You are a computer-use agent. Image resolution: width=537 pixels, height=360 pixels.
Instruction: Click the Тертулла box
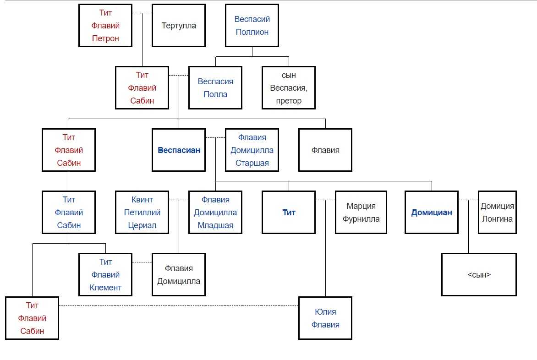[x=179, y=26]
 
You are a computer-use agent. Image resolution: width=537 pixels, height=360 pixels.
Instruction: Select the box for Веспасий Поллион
[x=252, y=26]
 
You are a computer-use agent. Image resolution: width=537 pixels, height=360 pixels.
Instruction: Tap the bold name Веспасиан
[x=179, y=150]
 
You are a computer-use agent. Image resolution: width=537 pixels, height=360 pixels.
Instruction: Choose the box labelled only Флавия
[x=325, y=150]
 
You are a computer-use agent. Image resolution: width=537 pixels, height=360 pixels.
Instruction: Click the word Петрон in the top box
[x=105, y=38]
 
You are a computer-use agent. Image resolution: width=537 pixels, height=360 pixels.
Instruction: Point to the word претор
[x=289, y=101]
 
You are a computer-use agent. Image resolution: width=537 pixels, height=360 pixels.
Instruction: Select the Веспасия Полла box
[x=215, y=88]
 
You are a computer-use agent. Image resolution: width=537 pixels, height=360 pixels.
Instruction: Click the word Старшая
[x=252, y=163]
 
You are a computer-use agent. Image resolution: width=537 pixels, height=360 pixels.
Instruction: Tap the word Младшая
[x=215, y=225]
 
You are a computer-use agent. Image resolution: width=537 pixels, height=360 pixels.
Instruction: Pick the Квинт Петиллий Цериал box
[x=142, y=213]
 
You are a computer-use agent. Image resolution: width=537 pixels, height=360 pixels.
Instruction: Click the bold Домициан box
[x=432, y=213]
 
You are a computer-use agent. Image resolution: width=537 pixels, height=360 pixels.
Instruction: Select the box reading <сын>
[x=479, y=275]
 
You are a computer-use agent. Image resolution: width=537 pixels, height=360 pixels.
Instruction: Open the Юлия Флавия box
[x=325, y=318]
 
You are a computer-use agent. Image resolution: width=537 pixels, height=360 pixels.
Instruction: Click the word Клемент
[x=105, y=288]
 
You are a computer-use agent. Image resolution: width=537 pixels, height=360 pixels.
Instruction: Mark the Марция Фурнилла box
[x=362, y=213]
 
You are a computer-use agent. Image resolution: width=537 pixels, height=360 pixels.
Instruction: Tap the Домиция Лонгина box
[x=497, y=213]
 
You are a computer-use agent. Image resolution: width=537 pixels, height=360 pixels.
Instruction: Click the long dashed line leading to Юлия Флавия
[x=179, y=305]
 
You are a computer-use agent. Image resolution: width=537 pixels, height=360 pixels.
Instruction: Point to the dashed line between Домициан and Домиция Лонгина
[x=468, y=200]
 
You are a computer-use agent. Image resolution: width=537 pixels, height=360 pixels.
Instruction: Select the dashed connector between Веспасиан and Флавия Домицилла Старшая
[x=215, y=137]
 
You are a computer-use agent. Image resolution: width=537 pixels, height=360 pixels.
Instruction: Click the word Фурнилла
[x=362, y=219]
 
